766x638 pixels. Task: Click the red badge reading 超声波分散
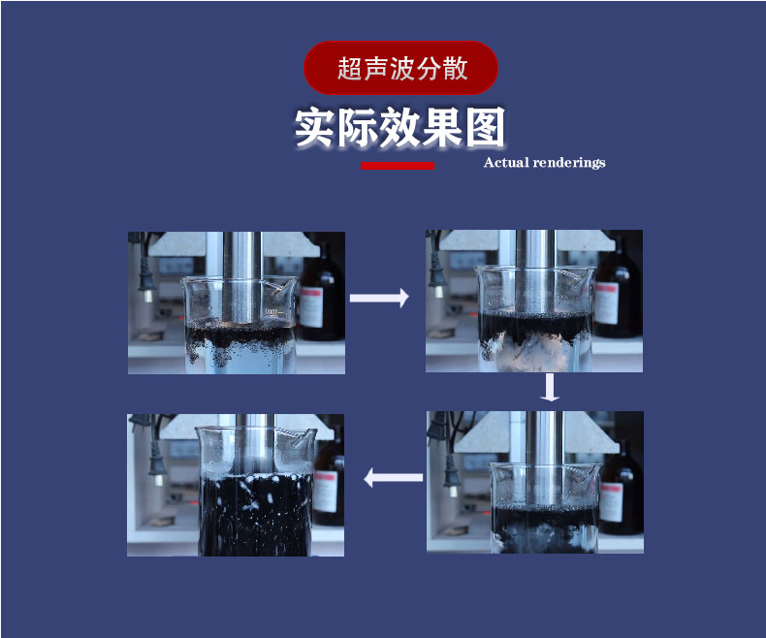(x=400, y=68)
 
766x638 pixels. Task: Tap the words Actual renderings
(x=544, y=163)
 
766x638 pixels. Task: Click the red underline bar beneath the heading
(x=397, y=166)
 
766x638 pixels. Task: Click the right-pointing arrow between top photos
(x=379, y=299)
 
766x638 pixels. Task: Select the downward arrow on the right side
(x=551, y=387)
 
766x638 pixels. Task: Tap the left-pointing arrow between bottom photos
(x=393, y=477)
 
